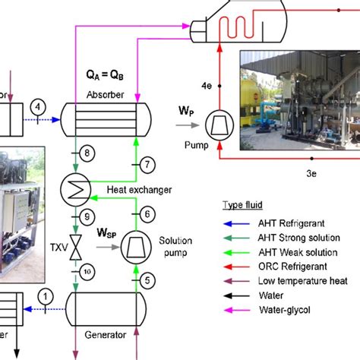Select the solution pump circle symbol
coord(134,245)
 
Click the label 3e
coord(311,174)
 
